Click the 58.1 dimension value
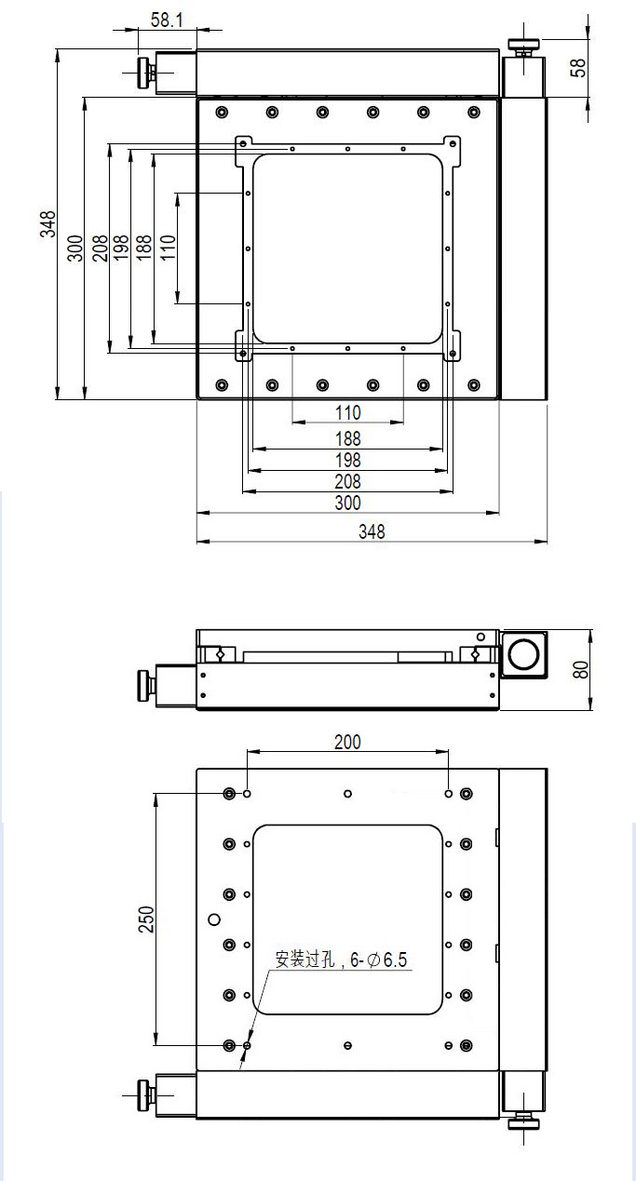167,20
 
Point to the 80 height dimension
582,669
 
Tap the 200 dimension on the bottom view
347,742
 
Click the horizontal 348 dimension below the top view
372,531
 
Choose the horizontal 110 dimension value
347,412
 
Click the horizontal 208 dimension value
347,482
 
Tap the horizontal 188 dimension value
347,437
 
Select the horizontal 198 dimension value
347,460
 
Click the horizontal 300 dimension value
347,503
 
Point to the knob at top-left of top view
145,73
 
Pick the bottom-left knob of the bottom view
144,1093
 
